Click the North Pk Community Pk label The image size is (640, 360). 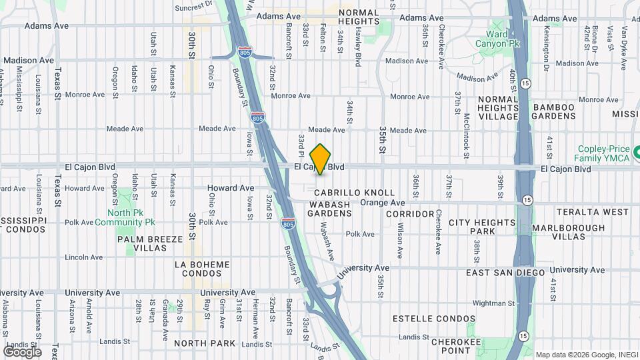click(125, 217)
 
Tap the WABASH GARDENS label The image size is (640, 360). click(329, 208)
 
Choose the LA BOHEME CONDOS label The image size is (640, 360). click(202, 269)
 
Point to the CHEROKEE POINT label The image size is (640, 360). click(456, 345)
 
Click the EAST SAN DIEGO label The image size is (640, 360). click(505, 273)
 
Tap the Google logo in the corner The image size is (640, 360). click(22, 351)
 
